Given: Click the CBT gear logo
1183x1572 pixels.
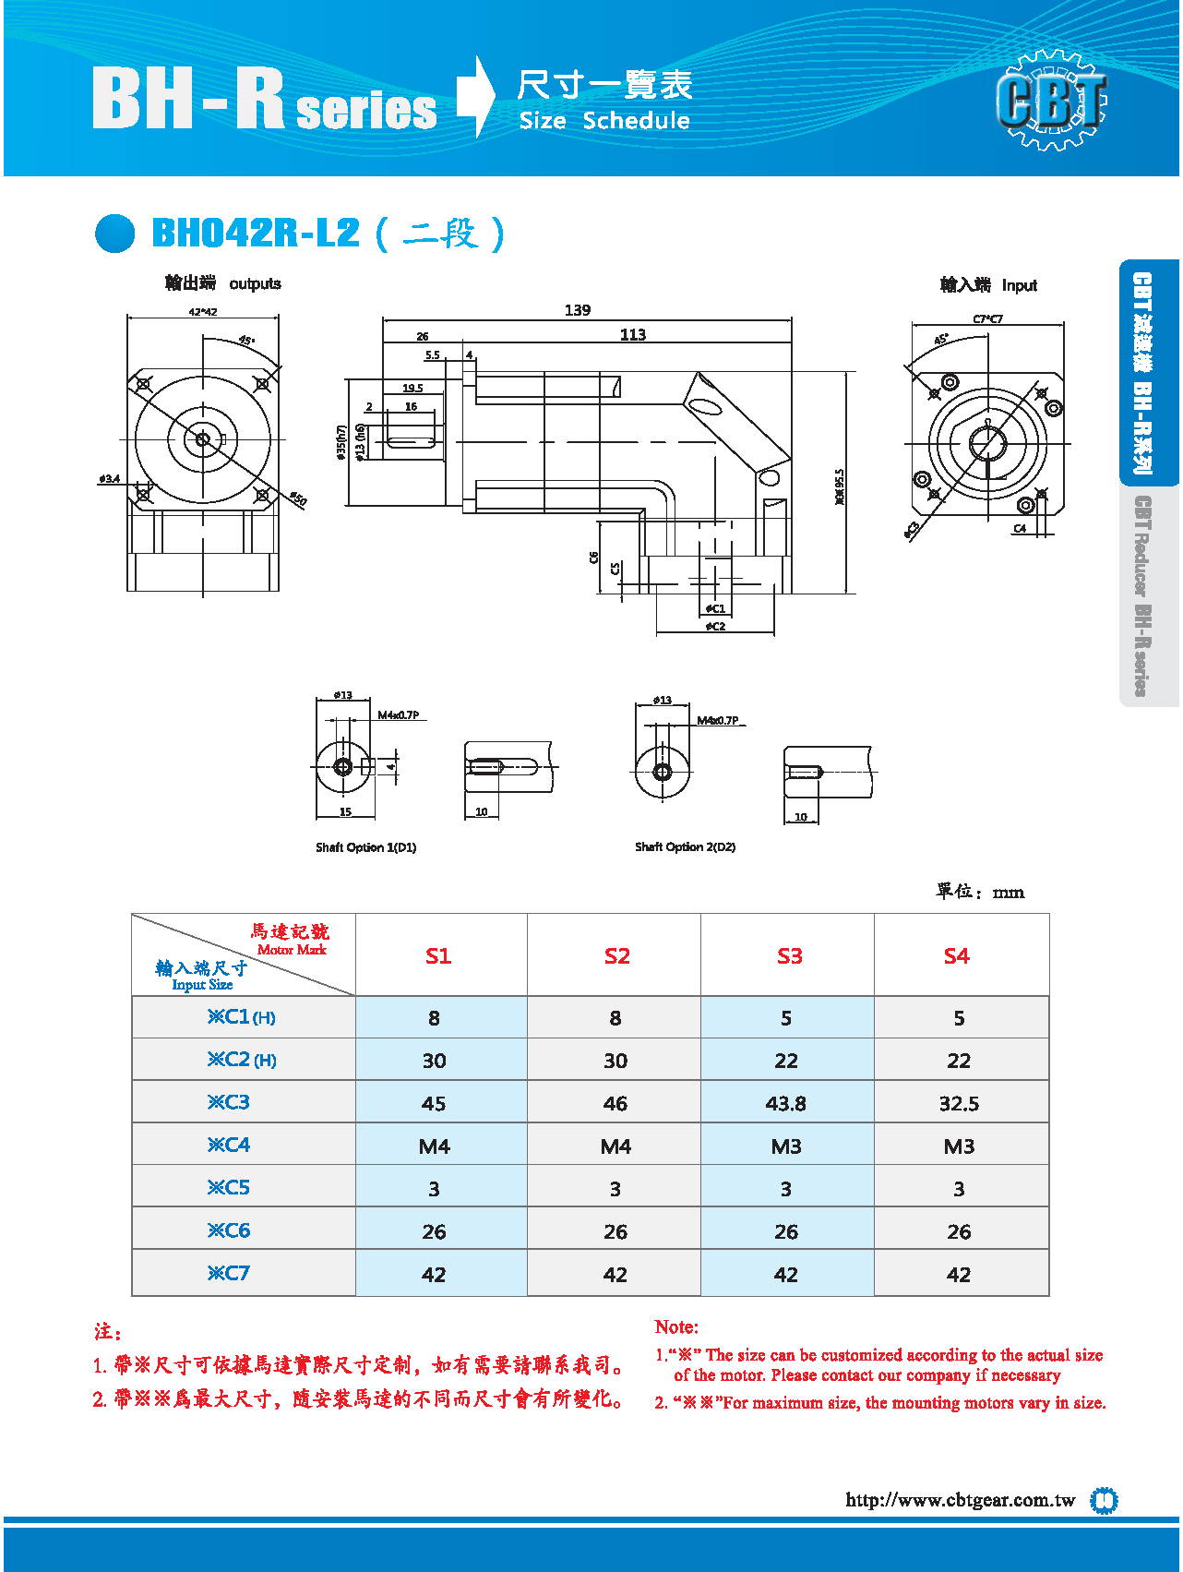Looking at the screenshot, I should [1051, 100].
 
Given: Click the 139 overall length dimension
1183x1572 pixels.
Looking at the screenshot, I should [578, 310].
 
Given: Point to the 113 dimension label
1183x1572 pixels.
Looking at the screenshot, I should [633, 335].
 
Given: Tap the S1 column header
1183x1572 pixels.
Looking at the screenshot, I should [438, 956].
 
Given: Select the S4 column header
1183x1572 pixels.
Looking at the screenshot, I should [957, 956].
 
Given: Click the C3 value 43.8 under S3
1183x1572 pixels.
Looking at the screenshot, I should [786, 1104].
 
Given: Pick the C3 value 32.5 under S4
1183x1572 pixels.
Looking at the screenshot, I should [959, 1104].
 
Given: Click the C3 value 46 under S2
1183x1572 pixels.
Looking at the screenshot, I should [615, 1104].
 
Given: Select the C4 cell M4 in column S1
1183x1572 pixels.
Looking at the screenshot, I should [435, 1146].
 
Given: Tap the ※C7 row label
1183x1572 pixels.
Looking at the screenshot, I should [229, 1274].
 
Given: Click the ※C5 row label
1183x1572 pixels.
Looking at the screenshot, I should [229, 1188].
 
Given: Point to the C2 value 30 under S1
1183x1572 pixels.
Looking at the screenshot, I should [435, 1062].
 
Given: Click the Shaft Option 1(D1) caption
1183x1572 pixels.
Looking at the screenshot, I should [365, 847].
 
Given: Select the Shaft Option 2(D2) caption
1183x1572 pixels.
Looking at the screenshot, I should [685, 846].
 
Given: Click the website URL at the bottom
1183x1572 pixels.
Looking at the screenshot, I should [960, 1500].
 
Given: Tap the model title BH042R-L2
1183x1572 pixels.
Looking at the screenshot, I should [256, 233].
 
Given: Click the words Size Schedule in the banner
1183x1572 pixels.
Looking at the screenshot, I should [604, 121].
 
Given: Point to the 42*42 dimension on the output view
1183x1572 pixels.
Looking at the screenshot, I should [203, 312].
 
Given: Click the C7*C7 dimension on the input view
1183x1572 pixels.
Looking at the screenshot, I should [987, 319].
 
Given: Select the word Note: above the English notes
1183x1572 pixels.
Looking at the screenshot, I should [676, 1327].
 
